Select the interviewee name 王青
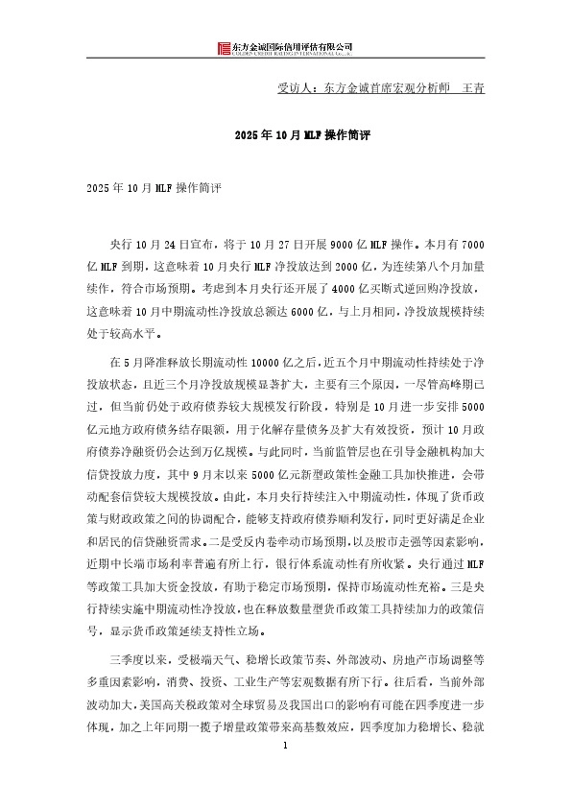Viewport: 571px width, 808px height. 473,87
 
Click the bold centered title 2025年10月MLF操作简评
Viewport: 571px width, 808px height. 284,137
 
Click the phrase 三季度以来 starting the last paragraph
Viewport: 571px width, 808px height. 138,662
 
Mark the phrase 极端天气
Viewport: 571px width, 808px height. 211,662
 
